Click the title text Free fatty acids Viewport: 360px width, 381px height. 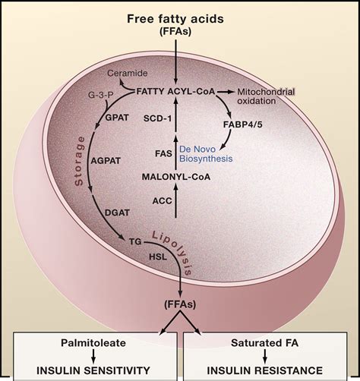(x=175, y=19)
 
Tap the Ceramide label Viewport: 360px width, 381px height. (x=128, y=74)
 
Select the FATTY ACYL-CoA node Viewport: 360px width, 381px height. (x=175, y=91)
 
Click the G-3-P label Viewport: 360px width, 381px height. (x=101, y=95)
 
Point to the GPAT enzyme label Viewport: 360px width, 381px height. (x=117, y=118)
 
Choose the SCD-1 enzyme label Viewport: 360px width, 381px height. (x=157, y=118)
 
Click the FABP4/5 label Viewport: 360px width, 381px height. (x=243, y=124)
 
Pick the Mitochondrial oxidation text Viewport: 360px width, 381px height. (x=266, y=96)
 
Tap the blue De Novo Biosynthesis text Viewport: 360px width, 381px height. (x=206, y=154)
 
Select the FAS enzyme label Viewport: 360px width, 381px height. (x=163, y=153)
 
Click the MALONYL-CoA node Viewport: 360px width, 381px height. (x=176, y=177)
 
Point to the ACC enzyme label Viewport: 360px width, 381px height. (x=163, y=201)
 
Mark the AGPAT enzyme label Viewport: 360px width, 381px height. (x=106, y=161)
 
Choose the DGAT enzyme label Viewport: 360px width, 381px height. (x=117, y=213)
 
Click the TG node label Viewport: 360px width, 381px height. (x=135, y=242)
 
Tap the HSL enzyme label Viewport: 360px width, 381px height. (x=158, y=257)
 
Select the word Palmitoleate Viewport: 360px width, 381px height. (x=93, y=343)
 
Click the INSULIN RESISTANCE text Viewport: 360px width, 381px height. (x=265, y=370)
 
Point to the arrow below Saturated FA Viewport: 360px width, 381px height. (x=265, y=357)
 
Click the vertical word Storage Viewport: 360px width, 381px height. (x=79, y=162)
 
